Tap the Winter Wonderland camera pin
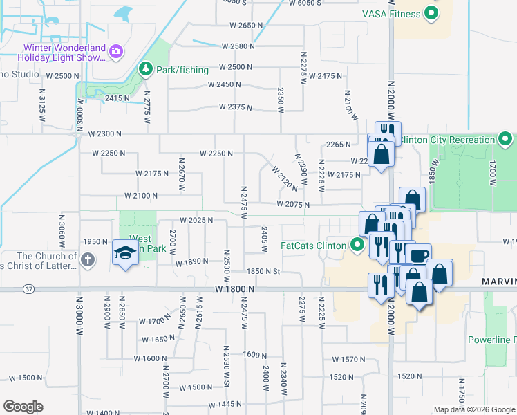click(x=116, y=50)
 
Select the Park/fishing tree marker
click(x=146, y=68)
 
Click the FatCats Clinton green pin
click(x=357, y=245)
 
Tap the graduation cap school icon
click(x=126, y=254)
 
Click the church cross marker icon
click(x=87, y=260)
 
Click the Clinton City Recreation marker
click(x=505, y=139)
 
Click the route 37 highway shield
click(x=28, y=288)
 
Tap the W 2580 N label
click(x=238, y=46)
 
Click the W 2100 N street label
click(x=141, y=196)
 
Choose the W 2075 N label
click(x=292, y=205)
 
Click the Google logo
click(x=23, y=407)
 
